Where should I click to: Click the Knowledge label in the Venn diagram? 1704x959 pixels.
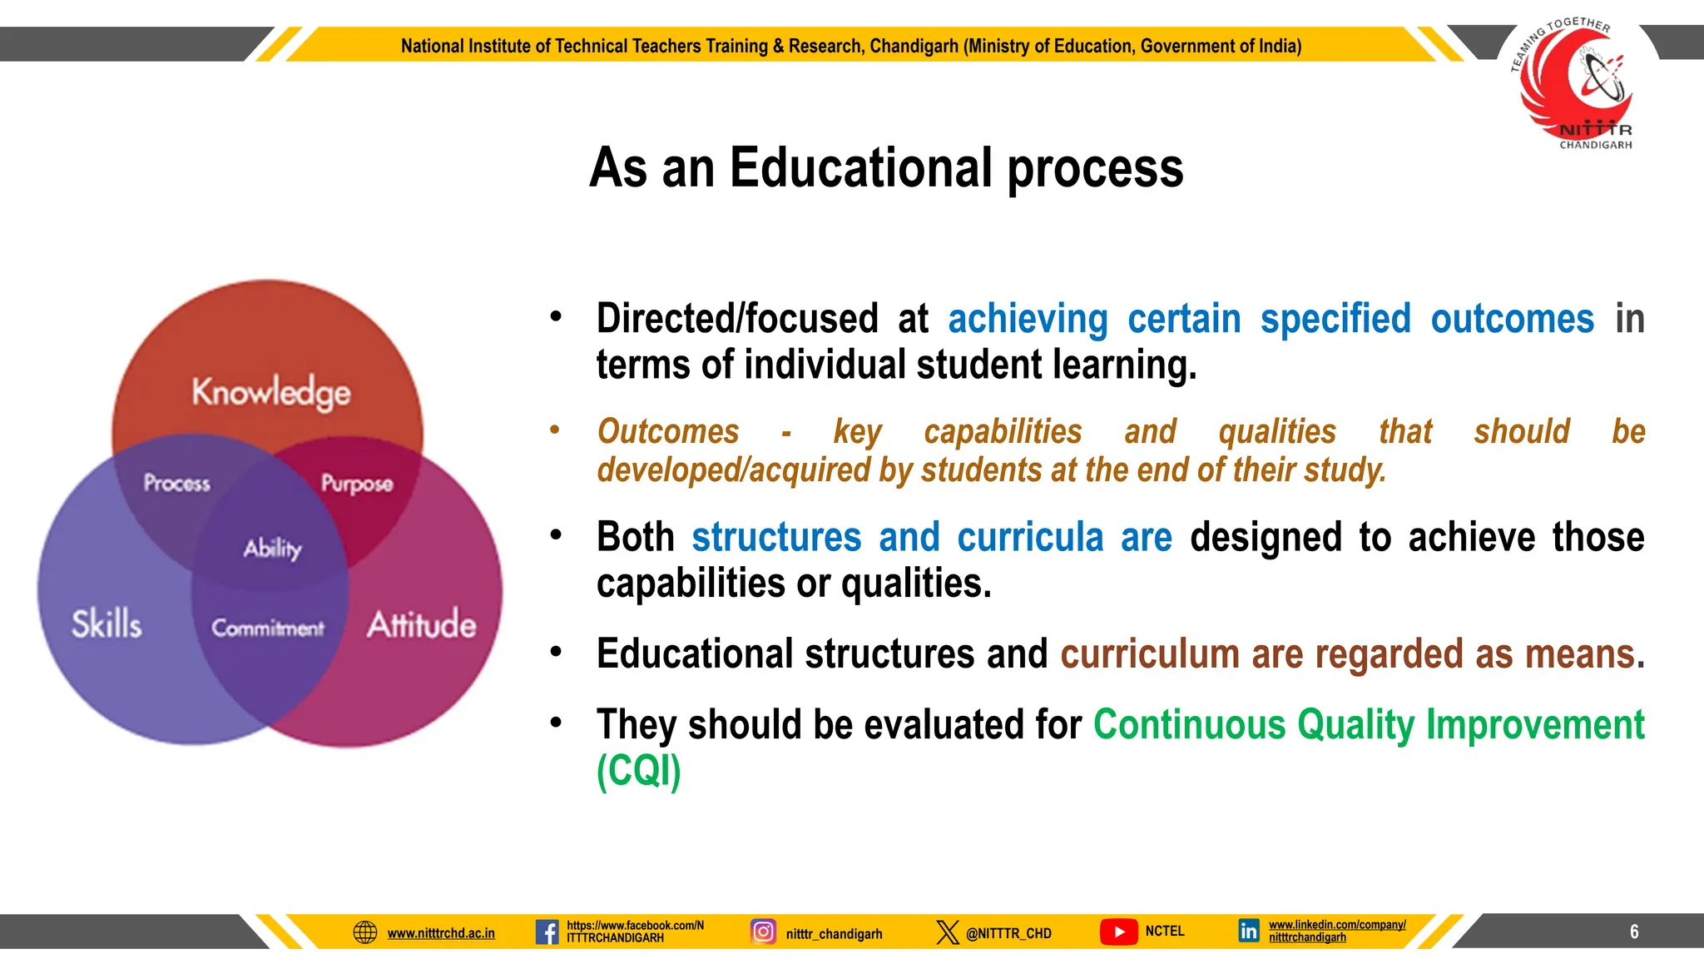(x=271, y=392)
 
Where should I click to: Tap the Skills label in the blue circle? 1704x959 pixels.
(x=106, y=624)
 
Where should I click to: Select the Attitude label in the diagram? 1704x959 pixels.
(x=422, y=624)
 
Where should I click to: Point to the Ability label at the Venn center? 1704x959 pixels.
(x=272, y=548)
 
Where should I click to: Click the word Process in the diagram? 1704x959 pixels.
(x=176, y=483)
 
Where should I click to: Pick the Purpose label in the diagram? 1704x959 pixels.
(x=357, y=484)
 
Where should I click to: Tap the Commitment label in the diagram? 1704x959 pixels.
(x=267, y=628)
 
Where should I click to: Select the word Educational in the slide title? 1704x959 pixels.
(x=861, y=168)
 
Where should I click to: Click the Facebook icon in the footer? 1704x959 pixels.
(x=547, y=932)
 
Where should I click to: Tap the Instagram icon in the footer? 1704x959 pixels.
(x=763, y=932)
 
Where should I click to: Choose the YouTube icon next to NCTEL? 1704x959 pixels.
(x=1119, y=932)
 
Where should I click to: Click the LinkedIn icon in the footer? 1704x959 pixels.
(x=1248, y=931)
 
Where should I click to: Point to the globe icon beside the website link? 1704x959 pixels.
(x=365, y=932)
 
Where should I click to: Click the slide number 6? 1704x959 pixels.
(x=1634, y=932)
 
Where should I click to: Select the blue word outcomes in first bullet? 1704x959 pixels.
(x=1512, y=320)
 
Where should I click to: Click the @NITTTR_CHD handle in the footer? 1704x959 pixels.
(x=1008, y=933)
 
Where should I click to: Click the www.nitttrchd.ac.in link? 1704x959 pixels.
(x=441, y=933)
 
